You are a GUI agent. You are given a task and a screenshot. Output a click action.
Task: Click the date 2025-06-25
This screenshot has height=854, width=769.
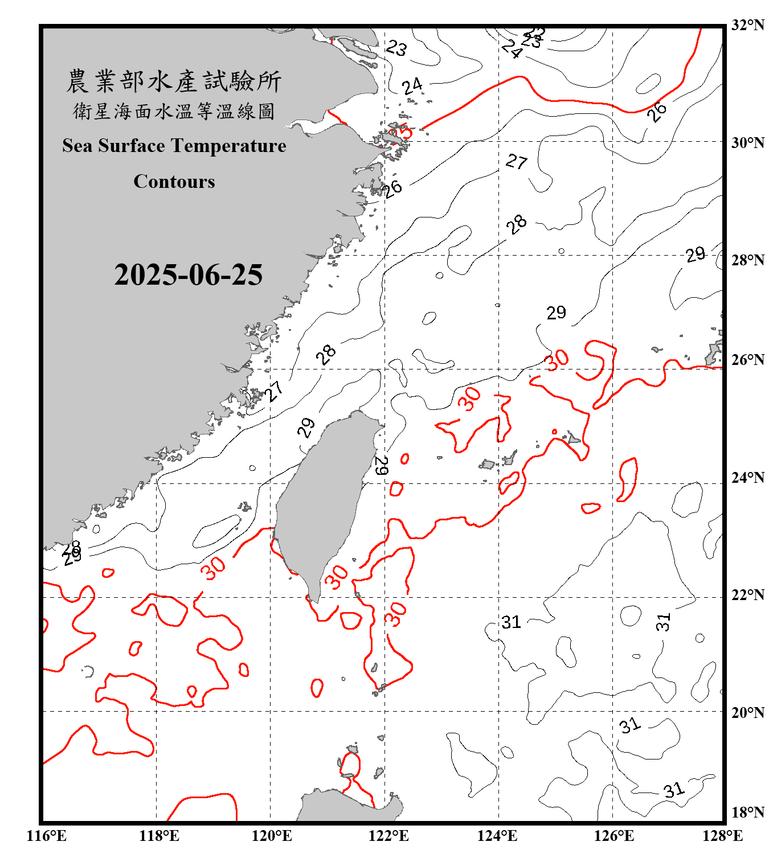[188, 275]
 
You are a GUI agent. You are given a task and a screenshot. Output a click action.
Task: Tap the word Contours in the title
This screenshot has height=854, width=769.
[174, 182]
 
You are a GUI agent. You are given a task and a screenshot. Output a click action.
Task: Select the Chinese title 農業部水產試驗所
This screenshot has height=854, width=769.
[174, 81]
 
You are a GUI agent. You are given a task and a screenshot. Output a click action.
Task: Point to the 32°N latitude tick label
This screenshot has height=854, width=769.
[747, 25]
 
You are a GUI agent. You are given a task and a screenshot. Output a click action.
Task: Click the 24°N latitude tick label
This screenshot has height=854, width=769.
[747, 477]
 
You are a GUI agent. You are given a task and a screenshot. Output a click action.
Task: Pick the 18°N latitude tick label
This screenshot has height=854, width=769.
[747, 812]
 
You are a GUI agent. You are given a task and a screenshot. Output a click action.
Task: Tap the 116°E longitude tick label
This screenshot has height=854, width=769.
[47, 836]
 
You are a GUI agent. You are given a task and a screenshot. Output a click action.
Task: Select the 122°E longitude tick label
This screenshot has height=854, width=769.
[388, 836]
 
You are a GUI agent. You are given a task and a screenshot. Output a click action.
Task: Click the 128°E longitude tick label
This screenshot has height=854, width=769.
[722, 836]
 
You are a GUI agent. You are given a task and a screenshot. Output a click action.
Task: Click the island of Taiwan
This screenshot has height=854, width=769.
[322, 501]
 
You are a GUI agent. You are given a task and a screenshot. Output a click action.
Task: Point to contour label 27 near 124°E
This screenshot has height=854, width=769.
[517, 162]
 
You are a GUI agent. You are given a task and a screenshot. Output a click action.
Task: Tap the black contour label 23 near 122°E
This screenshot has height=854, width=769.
[396, 48]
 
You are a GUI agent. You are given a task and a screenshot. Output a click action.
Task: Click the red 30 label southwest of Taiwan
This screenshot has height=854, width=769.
[214, 568]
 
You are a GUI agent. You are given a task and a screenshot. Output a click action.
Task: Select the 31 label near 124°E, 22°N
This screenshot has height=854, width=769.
[511, 622]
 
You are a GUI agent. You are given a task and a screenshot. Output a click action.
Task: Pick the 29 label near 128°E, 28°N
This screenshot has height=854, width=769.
[695, 254]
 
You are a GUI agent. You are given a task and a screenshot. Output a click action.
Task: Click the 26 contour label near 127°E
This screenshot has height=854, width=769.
[657, 112]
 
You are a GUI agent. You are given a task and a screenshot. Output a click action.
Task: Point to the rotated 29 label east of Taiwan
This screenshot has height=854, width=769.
[381, 466]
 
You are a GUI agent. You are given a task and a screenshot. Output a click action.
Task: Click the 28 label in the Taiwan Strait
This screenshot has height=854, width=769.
[326, 354]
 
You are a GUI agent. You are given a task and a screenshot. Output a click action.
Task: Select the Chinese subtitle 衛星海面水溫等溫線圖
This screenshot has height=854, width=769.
[174, 111]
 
